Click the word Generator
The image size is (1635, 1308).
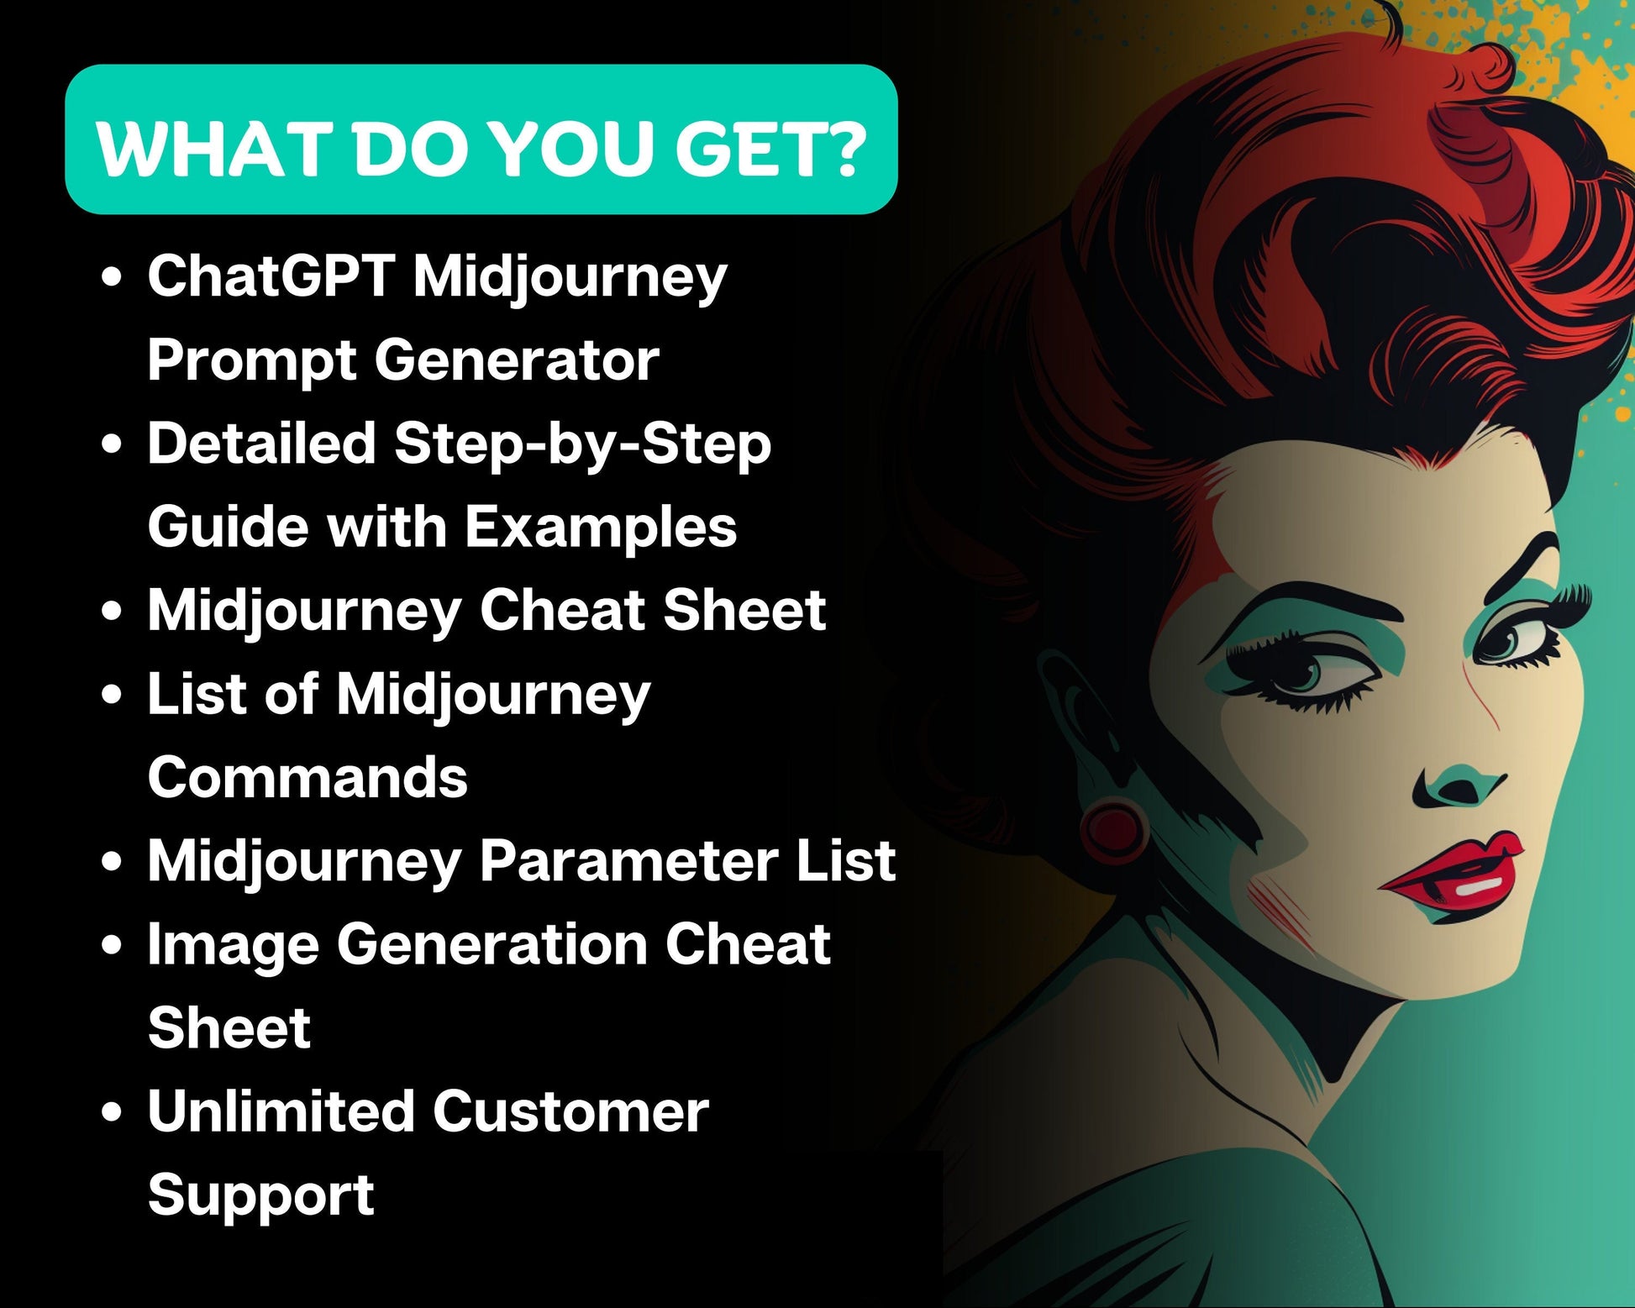(517, 360)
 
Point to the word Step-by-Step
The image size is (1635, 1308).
(582, 444)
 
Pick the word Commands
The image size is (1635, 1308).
(308, 777)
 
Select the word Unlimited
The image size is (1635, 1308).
(281, 1111)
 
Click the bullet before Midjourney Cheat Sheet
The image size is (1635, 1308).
(111, 612)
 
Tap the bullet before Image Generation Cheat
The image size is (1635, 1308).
(111, 946)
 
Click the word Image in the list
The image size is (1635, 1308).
(234, 947)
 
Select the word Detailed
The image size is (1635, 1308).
(261, 443)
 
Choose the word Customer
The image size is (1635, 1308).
(570, 1111)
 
